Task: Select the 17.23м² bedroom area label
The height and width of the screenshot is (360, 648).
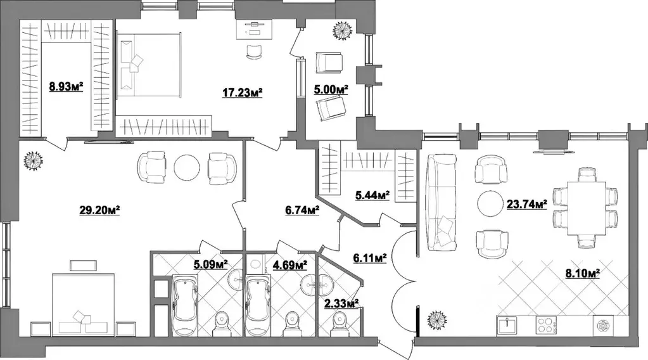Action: tap(242, 93)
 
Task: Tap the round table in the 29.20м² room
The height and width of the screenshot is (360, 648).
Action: tap(187, 167)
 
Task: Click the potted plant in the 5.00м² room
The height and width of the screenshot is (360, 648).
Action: tap(343, 30)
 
